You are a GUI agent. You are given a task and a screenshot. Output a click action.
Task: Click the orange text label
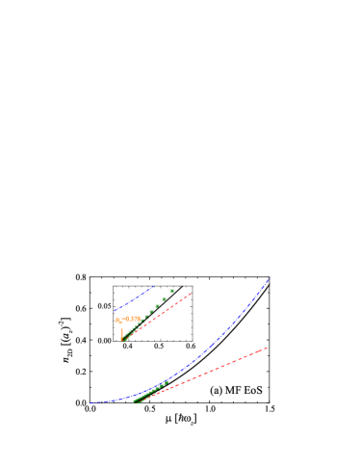tap(128, 319)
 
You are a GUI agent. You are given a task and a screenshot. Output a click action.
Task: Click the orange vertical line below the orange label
tap(122, 331)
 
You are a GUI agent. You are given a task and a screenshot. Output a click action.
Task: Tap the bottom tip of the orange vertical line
tap(122, 340)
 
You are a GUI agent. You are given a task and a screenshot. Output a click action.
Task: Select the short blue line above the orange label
tap(135, 298)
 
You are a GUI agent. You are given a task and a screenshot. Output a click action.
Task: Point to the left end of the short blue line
tap(115, 310)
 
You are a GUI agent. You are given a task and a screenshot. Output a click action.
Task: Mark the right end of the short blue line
tap(154, 286)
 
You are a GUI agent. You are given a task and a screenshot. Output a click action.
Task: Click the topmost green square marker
tap(172, 290)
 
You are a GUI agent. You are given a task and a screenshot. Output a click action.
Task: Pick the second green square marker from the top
tap(165, 299)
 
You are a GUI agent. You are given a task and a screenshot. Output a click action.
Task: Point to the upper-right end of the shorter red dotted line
tap(192, 293)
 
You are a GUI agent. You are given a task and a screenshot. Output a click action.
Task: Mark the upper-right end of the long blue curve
tap(269, 279)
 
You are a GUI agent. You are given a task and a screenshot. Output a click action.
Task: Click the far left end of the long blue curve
tap(90, 402)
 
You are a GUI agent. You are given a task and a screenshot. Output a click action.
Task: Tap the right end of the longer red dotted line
tap(267, 347)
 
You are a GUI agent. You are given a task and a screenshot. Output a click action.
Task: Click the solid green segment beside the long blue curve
tap(152, 391)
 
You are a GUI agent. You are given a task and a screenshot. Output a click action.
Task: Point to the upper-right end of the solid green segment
tap(169, 381)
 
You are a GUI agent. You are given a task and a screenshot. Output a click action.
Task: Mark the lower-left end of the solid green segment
tap(135, 401)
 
